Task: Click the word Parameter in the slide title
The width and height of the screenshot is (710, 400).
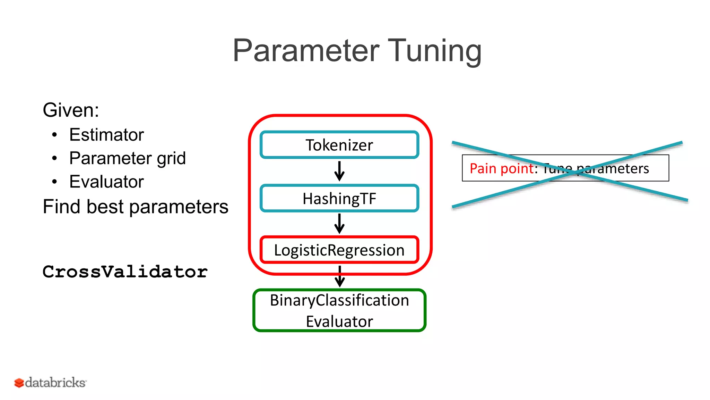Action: point(306,51)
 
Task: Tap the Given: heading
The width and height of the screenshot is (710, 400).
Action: point(71,110)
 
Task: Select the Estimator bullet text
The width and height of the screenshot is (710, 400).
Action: point(106,135)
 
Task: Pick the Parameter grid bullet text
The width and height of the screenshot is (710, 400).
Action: point(127,158)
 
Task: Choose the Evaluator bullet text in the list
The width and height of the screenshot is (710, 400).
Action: point(106,182)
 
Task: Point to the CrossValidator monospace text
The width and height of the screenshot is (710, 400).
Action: point(125,272)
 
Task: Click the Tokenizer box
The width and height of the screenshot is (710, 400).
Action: point(339,145)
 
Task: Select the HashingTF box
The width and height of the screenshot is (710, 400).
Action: point(339,199)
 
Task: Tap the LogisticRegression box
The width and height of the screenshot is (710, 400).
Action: point(339,250)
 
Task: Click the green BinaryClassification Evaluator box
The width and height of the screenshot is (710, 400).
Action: point(339,310)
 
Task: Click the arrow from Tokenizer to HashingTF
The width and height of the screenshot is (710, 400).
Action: point(339,171)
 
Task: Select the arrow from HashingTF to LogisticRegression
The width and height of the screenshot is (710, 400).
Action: point(339,224)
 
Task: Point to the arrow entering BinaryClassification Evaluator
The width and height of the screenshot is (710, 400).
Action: point(340,277)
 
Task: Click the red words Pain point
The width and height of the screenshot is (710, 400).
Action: point(502,168)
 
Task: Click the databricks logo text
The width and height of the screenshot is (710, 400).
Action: point(55,383)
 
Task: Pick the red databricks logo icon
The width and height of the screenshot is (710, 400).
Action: point(19,383)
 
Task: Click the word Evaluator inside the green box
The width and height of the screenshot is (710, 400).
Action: point(339,322)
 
